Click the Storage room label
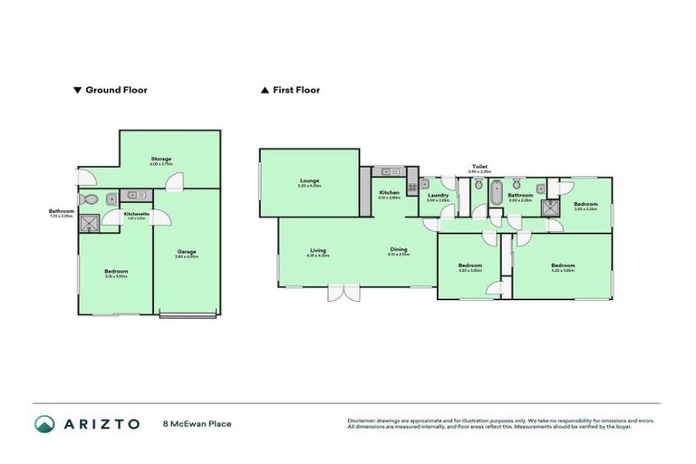160,159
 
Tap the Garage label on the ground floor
186,251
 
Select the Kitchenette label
136,214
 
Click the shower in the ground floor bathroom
90,222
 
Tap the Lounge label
310,180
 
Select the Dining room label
399,249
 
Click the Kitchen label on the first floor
390,192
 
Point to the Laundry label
439,195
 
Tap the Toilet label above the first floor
479,167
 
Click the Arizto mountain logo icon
44,423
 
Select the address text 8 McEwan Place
197,423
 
